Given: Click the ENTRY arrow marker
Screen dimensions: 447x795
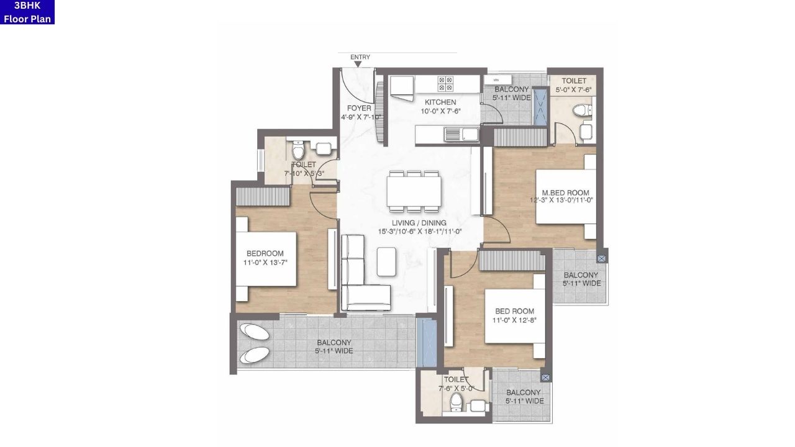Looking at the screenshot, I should (358, 63).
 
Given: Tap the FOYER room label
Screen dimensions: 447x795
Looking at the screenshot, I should (359, 109).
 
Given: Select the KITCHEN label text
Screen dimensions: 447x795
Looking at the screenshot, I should (440, 102).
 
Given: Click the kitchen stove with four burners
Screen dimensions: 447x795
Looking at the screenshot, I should (445, 84).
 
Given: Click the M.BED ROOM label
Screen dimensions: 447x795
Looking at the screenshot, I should (565, 193).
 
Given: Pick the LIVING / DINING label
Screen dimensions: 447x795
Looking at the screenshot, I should (419, 223).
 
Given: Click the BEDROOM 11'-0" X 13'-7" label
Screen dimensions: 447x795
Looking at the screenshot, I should (265, 253).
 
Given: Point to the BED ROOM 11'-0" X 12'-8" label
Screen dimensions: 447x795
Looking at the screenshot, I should (514, 312).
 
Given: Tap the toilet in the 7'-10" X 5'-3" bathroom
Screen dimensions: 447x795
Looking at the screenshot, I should (298, 150).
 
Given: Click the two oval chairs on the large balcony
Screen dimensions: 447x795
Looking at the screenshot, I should (255, 343).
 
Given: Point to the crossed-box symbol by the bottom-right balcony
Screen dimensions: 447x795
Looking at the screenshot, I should (545, 377).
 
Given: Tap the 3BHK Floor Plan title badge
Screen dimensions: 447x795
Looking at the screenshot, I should (27, 12).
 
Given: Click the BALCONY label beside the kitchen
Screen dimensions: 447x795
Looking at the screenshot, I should (511, 90).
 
